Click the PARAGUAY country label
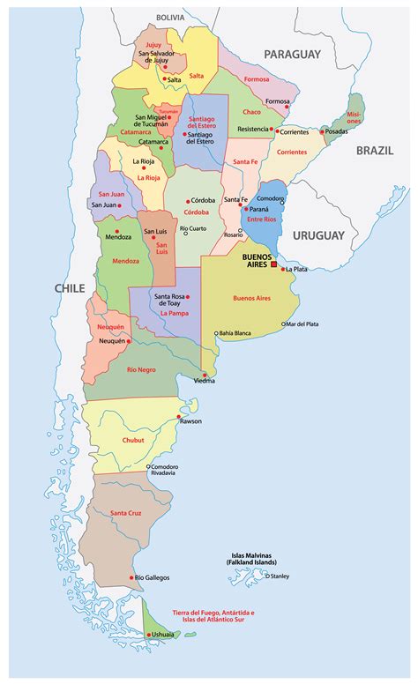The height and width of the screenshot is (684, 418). [292, 54]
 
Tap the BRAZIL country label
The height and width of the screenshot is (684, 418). [375, 151]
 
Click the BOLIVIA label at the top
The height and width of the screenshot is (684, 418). [171, 17]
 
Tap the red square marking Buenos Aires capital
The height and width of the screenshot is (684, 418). [274, 264]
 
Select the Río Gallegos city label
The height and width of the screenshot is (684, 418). [153, 577]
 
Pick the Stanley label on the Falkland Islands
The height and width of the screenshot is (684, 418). [280, 576]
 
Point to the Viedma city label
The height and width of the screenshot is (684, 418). [204, 381]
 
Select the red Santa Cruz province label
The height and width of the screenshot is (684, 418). [127, 513]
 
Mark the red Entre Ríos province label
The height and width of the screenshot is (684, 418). [263, 219]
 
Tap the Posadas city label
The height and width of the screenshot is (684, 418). [336, 131]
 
